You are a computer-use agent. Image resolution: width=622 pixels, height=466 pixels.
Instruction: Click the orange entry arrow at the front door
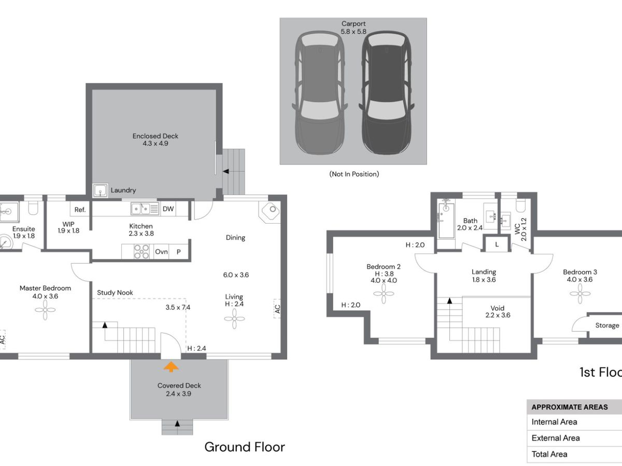pos(171,367)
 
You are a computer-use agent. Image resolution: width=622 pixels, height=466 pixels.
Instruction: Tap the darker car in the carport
pos(387,93)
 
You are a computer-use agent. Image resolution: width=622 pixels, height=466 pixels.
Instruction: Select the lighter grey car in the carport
pos(320,93)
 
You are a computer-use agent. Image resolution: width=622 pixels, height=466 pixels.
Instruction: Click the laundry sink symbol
pos(100,190)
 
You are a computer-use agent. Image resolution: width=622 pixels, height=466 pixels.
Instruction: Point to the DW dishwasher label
pos(168,209)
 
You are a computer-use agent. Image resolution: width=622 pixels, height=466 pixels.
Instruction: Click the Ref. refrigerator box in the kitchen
pos(80,210)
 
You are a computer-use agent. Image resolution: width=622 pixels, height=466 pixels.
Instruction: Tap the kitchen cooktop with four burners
pos(142,252)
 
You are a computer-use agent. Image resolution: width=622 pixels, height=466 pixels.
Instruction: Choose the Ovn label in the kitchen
pos(161,252)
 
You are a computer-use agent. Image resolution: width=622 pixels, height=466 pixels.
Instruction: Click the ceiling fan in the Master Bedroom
pos(45,310)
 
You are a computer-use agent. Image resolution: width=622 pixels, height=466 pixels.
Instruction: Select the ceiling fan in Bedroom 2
pos(384,294)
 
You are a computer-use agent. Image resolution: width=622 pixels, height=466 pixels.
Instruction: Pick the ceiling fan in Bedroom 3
pos(580,294)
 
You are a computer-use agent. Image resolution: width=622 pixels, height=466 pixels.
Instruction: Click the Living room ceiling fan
pos(234,318)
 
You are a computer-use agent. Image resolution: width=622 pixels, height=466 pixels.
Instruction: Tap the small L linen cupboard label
pos(497,244)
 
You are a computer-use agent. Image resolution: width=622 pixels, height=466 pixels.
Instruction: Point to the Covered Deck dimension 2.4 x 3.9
pos(178,394)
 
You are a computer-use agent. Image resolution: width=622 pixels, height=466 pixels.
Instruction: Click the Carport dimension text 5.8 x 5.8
pos(354,32)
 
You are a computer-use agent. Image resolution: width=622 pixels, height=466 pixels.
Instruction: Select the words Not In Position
pos(354,174)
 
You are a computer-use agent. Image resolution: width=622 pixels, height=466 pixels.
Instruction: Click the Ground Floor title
pos(245,447)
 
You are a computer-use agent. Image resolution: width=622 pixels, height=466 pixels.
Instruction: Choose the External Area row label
pos(556,438)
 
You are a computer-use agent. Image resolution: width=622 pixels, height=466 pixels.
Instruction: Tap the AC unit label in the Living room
pos(277,309)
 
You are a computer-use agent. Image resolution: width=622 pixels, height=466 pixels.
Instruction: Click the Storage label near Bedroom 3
pos(607,325)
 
